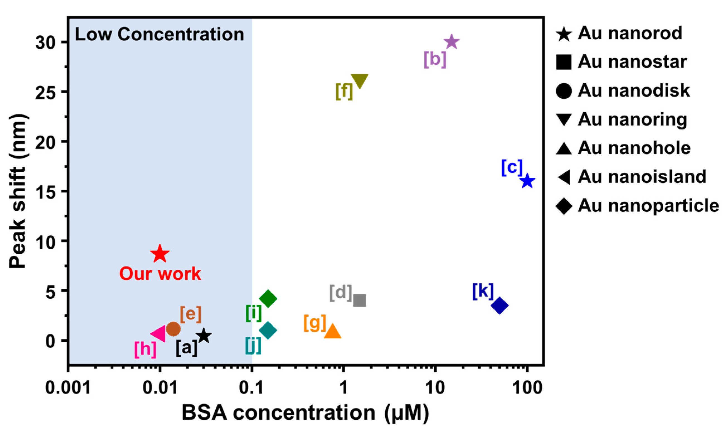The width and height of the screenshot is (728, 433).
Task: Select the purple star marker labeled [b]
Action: (x=451, y=42)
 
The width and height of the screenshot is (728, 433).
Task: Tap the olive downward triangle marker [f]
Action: (x=359, y=80)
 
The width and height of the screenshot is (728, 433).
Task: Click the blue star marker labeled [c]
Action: (x=527, y=181)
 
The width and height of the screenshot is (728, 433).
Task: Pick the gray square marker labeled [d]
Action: (x=359, y=300)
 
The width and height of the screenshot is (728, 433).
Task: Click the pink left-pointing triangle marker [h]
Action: (x=159, y=334)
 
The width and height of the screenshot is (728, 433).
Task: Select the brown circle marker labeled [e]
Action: (x=173, y=329)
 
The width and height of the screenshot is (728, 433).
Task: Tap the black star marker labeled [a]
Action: (x=204, y=336)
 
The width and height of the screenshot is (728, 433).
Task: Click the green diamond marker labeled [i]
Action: (x=268, y=299)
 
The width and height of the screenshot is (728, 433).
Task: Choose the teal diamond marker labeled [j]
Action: (x=268, y=331)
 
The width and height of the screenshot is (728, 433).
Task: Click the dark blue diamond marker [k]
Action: (x=500, y=305)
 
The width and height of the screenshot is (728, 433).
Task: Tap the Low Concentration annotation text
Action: (x=159, y=34)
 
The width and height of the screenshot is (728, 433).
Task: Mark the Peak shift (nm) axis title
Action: (x=18, y=191)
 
